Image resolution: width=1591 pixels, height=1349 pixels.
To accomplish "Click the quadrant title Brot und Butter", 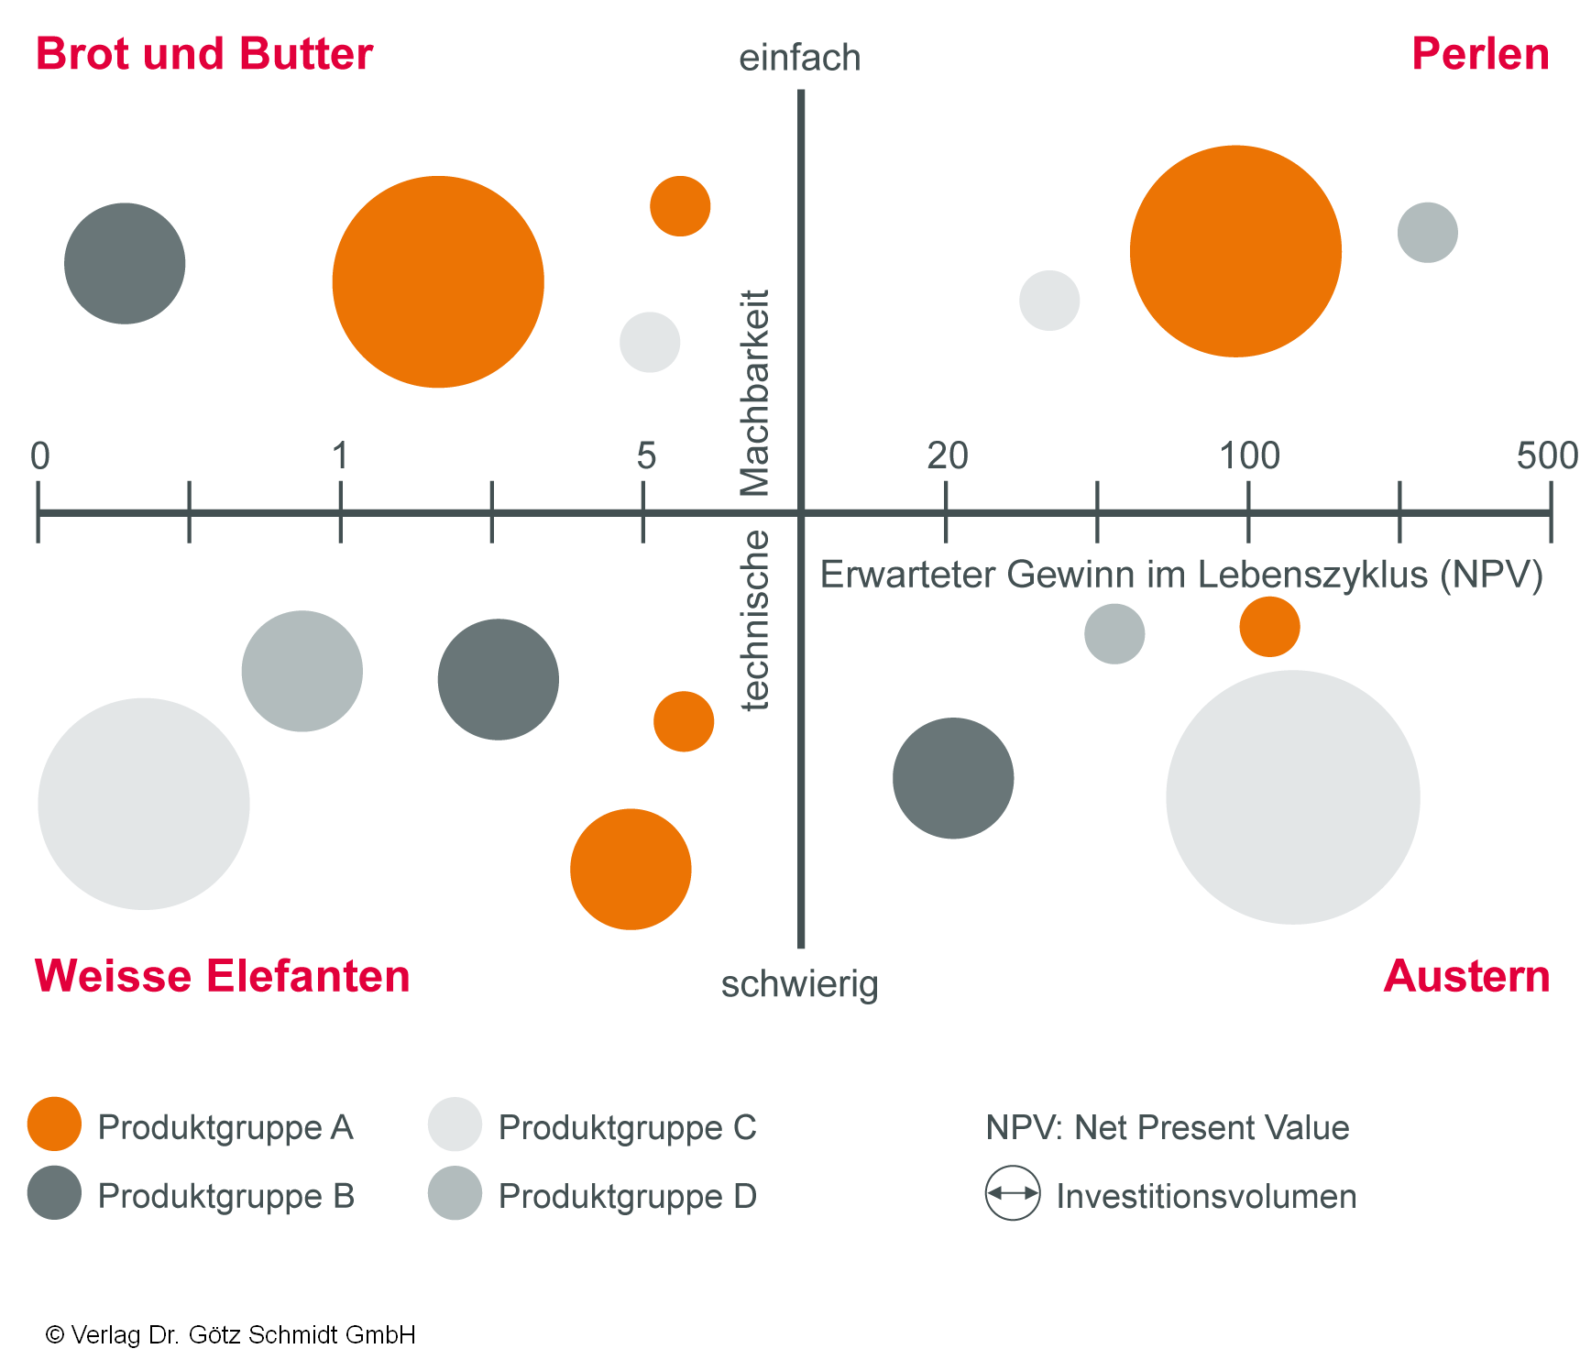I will click(x=203, y=54).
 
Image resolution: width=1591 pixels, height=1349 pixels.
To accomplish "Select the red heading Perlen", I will click(x=1479, y=54).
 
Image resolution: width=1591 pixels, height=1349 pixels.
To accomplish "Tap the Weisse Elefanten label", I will click(x=222, y=976).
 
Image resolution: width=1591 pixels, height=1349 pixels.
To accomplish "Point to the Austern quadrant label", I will click(x=1466, y=976).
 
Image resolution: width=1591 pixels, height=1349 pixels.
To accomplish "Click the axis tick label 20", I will click(x=947, y=455).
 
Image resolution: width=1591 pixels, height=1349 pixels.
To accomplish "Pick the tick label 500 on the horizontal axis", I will click(x=1546, y=455).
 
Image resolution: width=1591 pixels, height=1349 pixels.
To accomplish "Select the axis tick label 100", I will click(x=1249, y=455).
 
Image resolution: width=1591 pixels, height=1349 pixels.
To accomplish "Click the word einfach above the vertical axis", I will click(x=799, y=58).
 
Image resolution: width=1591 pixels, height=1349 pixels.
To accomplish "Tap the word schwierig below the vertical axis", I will click(x=799, y=985).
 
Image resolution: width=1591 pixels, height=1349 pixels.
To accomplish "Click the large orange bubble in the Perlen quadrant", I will click(x=1235, y=251).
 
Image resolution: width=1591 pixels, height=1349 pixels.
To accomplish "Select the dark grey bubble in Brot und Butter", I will click(x=125, y=264).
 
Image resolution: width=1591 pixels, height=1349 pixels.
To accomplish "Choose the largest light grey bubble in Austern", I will click(x=1292, y=797).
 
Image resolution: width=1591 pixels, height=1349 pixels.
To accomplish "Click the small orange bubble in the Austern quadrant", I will click(x=1269, y=627).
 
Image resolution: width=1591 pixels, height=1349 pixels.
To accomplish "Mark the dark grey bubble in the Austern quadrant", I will click(x=953, y=778).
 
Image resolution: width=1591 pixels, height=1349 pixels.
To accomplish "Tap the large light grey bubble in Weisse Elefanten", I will click(x=144, y=804).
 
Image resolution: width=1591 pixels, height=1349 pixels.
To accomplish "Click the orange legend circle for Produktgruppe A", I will click(x=55, y=1124).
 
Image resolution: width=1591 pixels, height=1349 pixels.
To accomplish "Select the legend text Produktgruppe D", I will click(x=627, y=1196).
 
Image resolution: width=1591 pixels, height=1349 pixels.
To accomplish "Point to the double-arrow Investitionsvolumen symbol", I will click(x=1013, y=1193).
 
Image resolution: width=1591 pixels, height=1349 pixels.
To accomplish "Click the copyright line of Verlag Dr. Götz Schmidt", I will click(x=231, y=1334).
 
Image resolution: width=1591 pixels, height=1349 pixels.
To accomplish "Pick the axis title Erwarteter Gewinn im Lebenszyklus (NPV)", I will click(x=1181, y=575).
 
